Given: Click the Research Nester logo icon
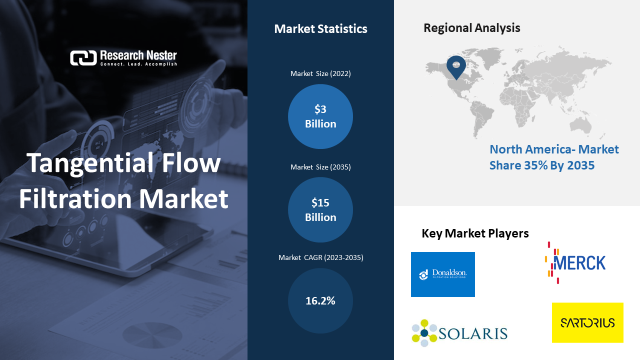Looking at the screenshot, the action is click(83, 58).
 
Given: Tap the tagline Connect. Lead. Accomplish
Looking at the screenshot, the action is click(138, 64).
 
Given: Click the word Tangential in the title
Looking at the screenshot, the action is click(91, 163).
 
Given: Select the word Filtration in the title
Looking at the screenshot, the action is click(75, 198).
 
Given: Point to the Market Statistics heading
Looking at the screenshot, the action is click(320, 29).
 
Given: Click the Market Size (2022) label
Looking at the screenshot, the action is click(320, 73).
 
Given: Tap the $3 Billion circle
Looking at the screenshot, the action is click(320, 116).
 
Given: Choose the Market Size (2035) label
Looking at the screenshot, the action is click(320, 167).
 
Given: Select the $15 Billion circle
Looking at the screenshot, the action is click(320, 209).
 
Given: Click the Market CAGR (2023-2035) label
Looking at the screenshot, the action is click(321, 257).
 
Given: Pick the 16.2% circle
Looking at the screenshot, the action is click(320, 300).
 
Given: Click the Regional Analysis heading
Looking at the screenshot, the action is click(471, 28).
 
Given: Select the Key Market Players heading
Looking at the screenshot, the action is click(475, 233).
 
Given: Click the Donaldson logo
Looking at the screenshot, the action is click(443, 274).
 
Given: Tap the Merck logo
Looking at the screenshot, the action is click(575, 263).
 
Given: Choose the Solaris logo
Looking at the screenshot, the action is click(459, 333).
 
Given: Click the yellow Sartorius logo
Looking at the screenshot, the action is click(587, 322).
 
